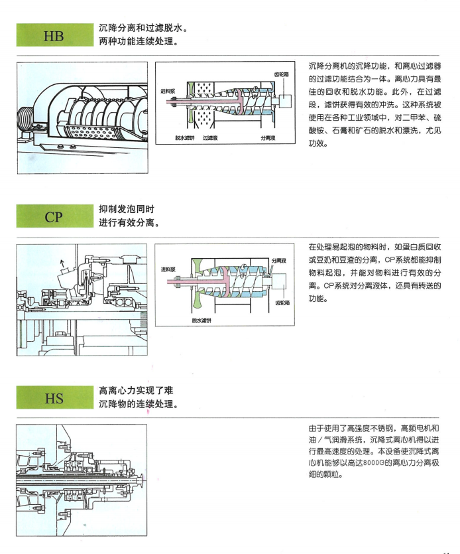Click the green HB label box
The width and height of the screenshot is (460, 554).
pyautogui.click(x=54, y=35)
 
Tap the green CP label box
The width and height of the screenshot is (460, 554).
pyautogui.click(x=54, y=217)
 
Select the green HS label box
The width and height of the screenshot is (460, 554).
pyautogui.click(x=54, y=399)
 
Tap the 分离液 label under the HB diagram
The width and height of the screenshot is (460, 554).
pyautogui.click(x=267, y=137)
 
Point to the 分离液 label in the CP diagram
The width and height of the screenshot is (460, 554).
pyautogui.click(x=279, y=260)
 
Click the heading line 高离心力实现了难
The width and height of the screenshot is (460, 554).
pyautogui.click(x=136, y=391)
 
